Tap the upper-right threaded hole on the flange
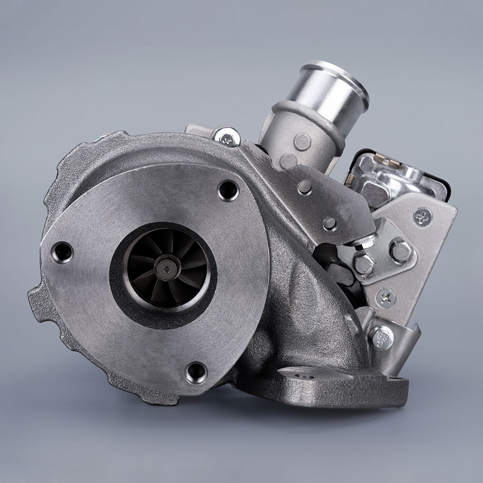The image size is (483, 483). (228, 189)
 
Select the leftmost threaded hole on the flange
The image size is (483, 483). (62, 252)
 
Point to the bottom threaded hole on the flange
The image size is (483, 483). (196, 372)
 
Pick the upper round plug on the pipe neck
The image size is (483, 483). (302, 142)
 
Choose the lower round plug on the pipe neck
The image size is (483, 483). (288, 161)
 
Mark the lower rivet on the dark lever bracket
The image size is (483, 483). (330, 223)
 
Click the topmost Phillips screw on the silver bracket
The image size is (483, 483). (423, 217)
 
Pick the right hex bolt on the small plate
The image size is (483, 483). (400, 251)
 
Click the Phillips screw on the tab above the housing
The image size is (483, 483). (227, 136)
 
